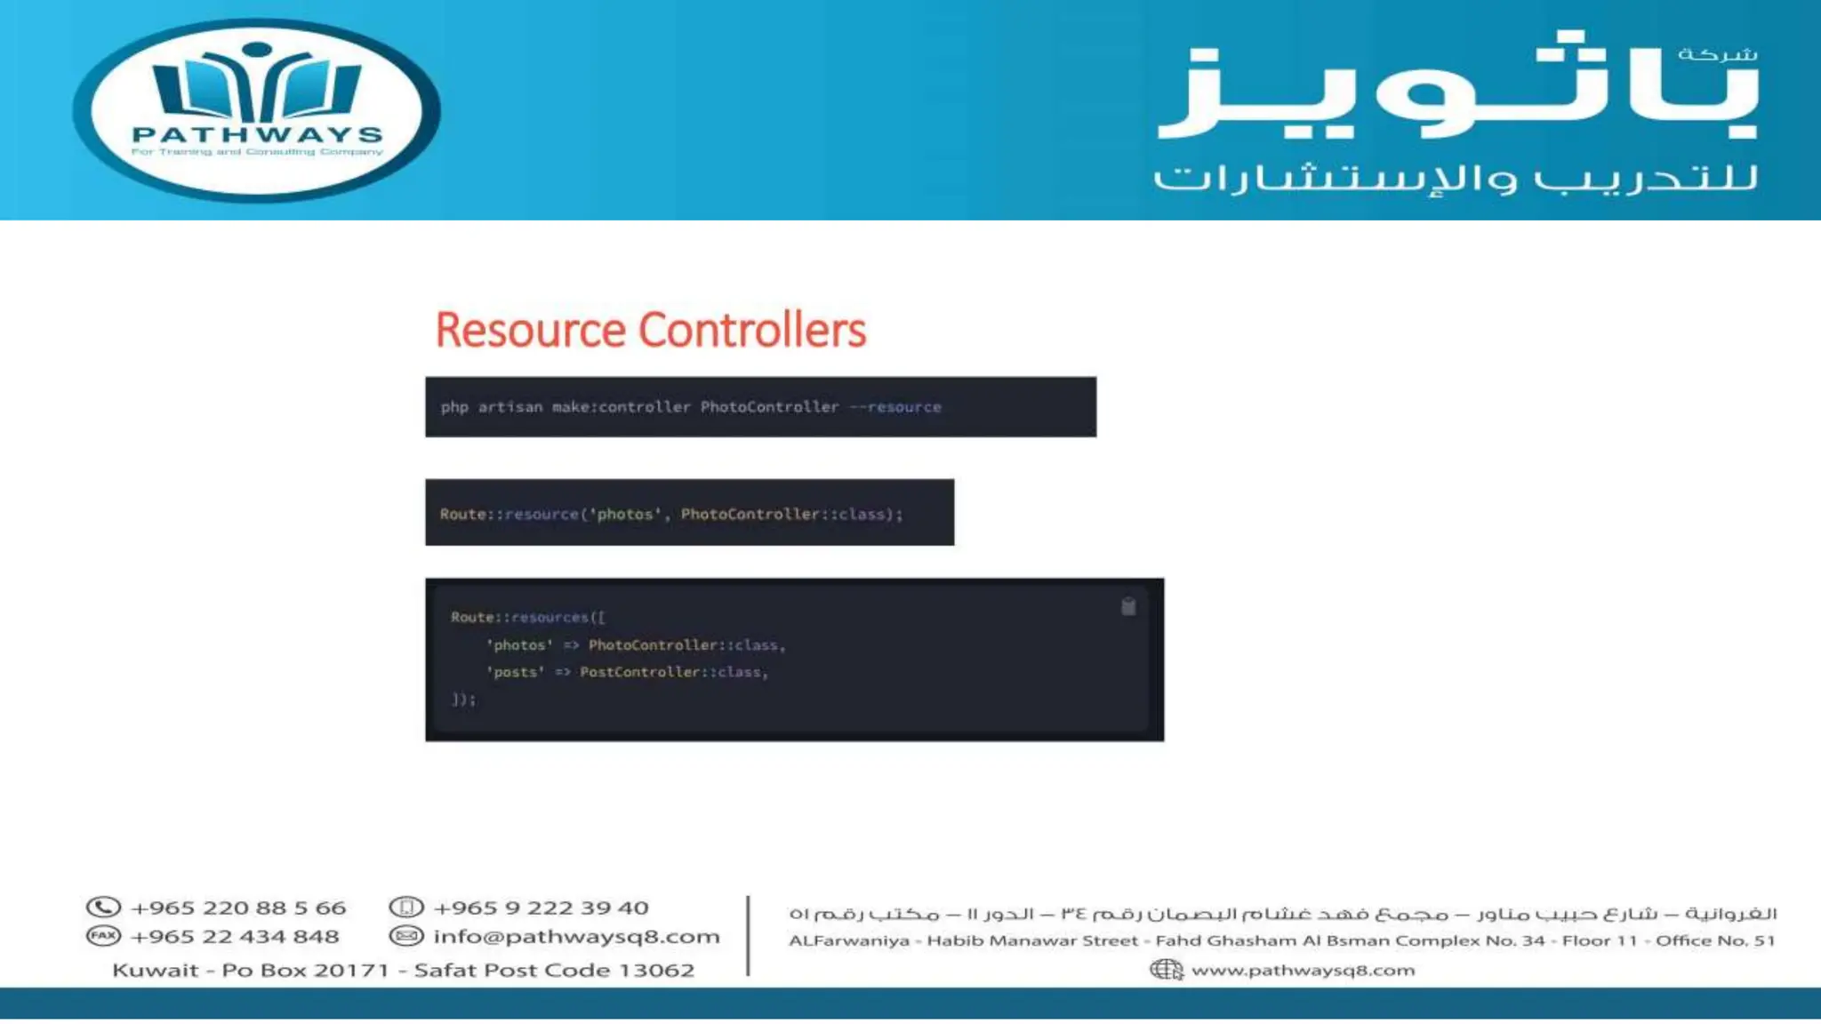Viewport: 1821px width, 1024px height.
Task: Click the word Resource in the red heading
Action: [530, 330]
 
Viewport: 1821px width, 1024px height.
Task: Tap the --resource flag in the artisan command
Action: [895, 407]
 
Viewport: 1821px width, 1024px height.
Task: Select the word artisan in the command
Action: [509, 407]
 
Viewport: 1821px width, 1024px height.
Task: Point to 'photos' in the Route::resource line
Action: [626, 514]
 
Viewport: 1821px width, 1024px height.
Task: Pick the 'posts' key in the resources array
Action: [515, 672]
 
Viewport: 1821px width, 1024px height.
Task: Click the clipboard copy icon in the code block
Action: [1128, 607]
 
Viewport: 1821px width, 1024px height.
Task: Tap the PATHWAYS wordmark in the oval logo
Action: [257, 135]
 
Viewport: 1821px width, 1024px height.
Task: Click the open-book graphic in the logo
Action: [257, 87]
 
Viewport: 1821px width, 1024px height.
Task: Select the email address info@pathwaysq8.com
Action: [576, 937]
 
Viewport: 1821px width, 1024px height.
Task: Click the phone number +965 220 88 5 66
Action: [238, 908]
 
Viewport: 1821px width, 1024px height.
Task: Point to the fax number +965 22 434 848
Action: [235, 937]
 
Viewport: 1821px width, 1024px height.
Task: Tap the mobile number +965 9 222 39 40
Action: [541, 908]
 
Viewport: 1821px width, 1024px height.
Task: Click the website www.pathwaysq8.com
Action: [1303, 970]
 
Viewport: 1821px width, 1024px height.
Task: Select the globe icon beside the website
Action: [1166, 970]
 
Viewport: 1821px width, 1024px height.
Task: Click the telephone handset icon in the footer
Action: [103, 908]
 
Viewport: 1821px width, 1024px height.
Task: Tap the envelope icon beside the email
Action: [406, 936]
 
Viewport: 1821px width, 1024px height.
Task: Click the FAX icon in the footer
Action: [103, 936]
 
